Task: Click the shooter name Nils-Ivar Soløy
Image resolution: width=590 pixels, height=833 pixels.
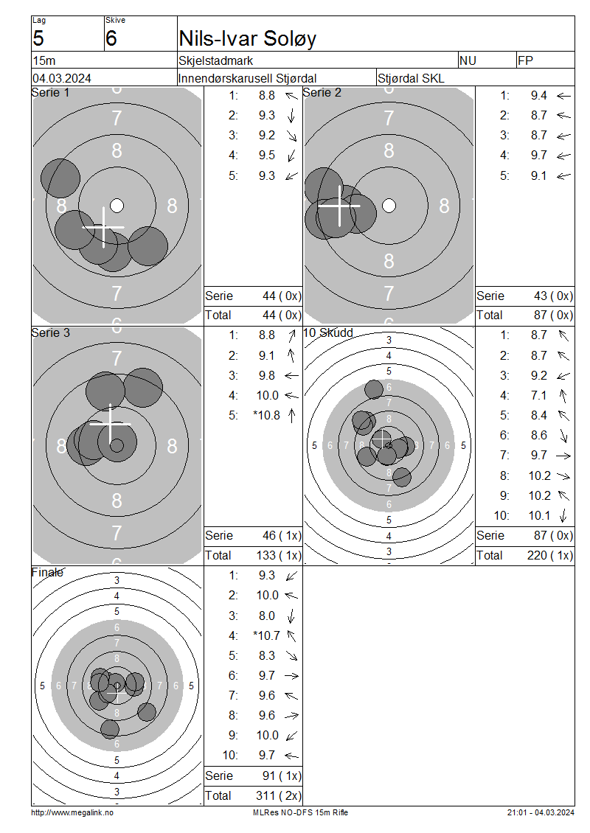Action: (x=248, y=39)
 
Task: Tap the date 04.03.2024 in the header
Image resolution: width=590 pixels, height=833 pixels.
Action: (x=62, y=79)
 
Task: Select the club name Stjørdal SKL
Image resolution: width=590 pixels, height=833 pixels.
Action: (x=410, y=79)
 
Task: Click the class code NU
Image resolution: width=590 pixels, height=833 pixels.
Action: (x=468, y=60)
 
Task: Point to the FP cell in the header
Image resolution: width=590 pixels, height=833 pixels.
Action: (x=525, y=60)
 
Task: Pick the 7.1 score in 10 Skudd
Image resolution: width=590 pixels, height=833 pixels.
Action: (x=538, y=395)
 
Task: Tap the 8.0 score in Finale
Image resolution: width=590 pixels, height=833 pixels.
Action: (x=267, y=616)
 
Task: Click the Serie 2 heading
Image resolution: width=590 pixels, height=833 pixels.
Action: (x=322, y=92)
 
